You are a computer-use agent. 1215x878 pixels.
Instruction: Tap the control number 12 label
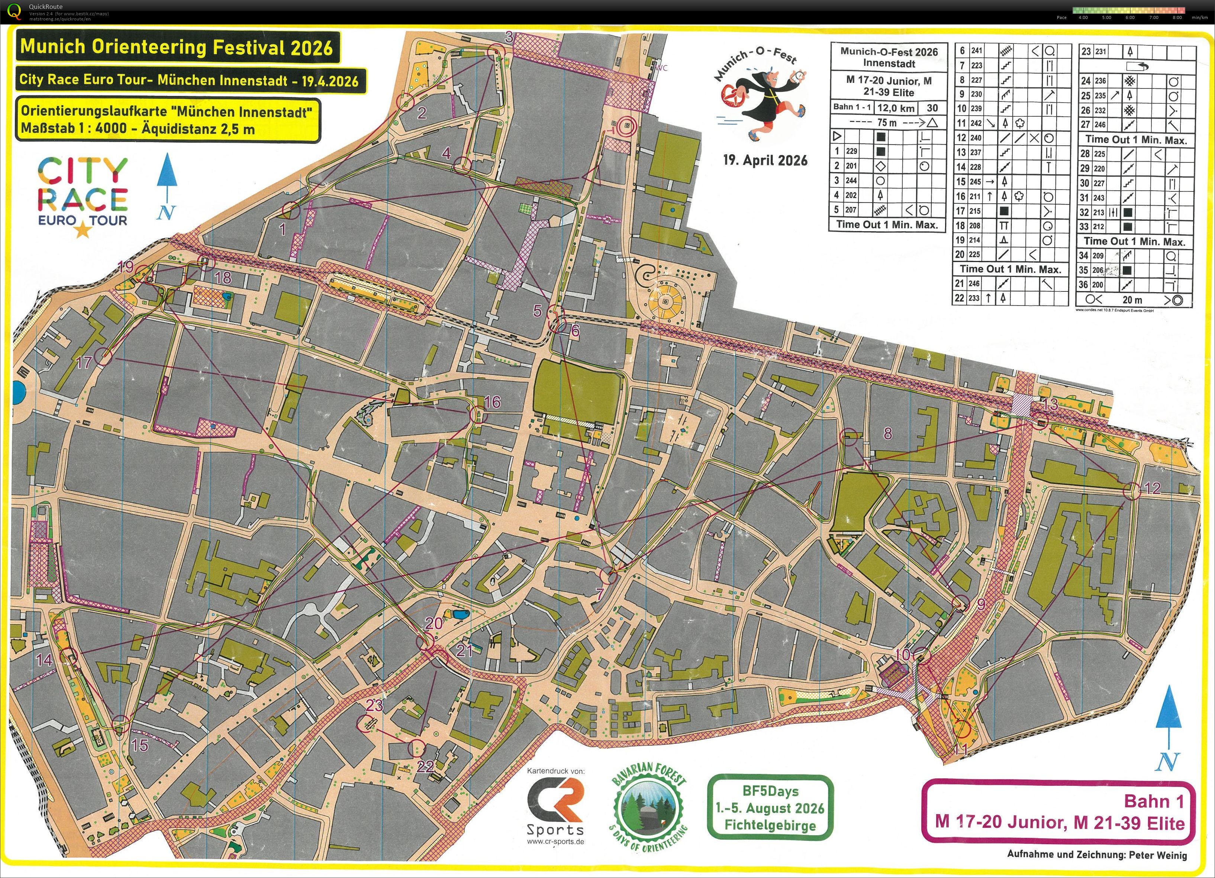coord(1152,487)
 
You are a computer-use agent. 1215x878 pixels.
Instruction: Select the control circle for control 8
coord(849,437)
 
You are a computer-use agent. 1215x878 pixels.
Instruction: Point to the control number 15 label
coord(139,745)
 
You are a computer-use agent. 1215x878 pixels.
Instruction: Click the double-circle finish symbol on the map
coord(625,127)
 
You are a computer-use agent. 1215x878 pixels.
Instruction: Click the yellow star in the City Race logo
coord(83,230)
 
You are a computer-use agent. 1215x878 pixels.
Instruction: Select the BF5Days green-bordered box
coord(770,807)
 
